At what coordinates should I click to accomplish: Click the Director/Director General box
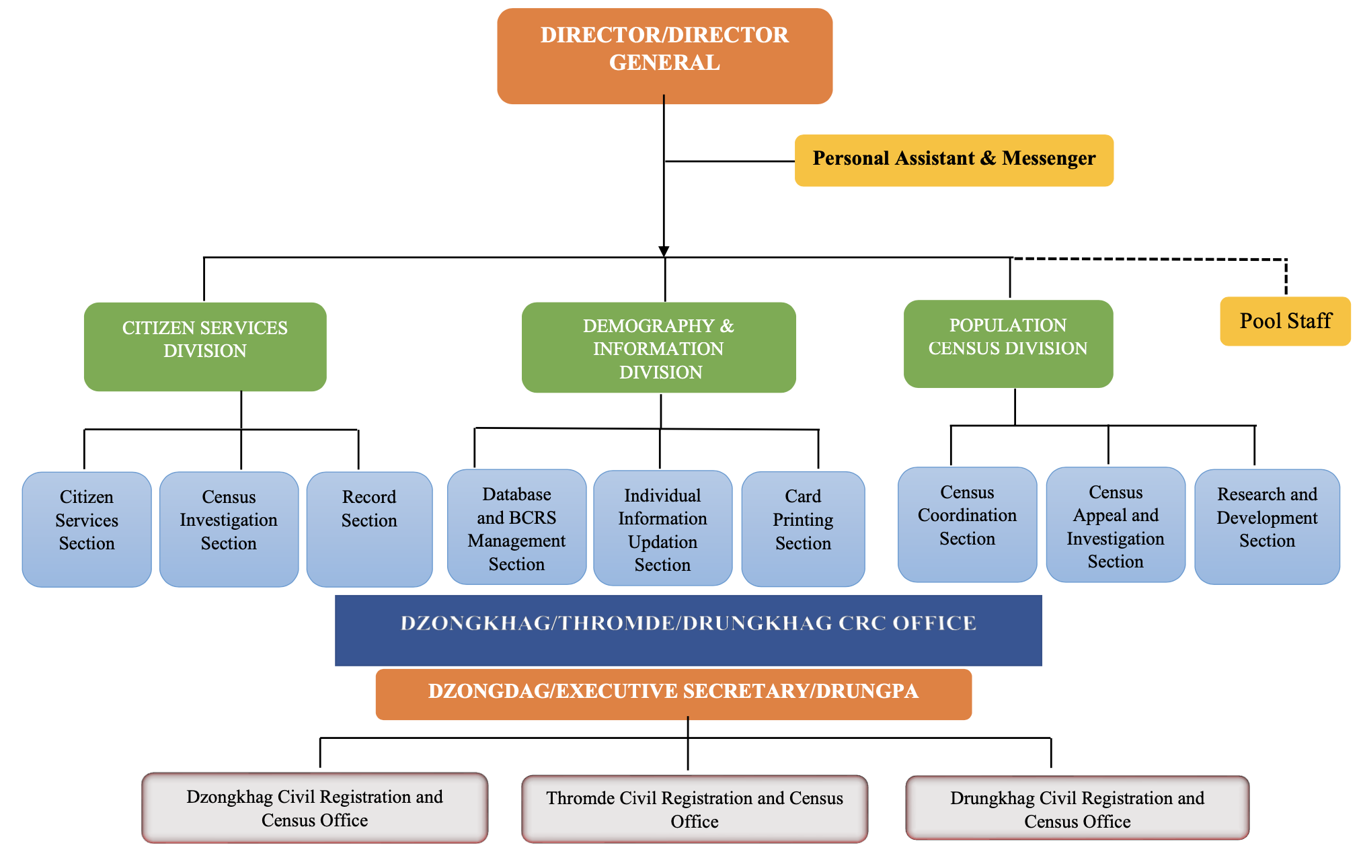pyautogui.click(x=664, y=56)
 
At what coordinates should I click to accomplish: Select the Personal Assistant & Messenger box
pyautogui.click(x=954, y=160)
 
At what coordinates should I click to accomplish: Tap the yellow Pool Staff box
pyautogui.click(x=1285, y=321)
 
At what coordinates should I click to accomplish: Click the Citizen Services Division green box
pyautogui.click(x=205, y=346)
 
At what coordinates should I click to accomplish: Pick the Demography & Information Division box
pyautogui.click(x=658, y=348)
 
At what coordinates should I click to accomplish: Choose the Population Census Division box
pyautogui.click(x=1007, y=344)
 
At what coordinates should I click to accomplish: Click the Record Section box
pyautogui.click(x=369, y=528)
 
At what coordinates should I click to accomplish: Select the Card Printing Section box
pyautogui.click(x=803, y=528)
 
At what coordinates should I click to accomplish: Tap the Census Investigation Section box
pyautogui.click(x=229, y=528)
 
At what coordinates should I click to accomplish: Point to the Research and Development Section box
pyautogui.click(x=1267, y=526)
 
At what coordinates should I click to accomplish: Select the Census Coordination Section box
pyautogui.click(x=967, y=524)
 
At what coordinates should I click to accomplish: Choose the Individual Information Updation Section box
pyautogui.click(x=662, y=528)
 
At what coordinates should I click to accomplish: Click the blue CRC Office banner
pyautogui.click(x=688, y=630)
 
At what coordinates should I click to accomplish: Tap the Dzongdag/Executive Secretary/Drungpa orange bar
pyautogui.click(x=673, y=694)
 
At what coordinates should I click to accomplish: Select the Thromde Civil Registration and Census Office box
pyautogui.click(x=694, y=809)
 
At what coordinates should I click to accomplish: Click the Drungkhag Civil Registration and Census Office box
pyautogui.click(x=1077, y=808)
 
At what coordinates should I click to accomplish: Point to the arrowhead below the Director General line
pyautogui.click(x=664, y=251)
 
